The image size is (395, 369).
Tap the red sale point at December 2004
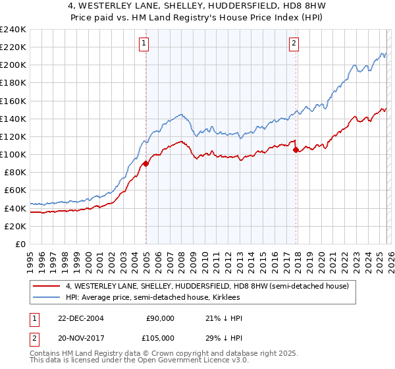(x=145, y=164)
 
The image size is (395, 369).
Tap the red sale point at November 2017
(x=296, y=150)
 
